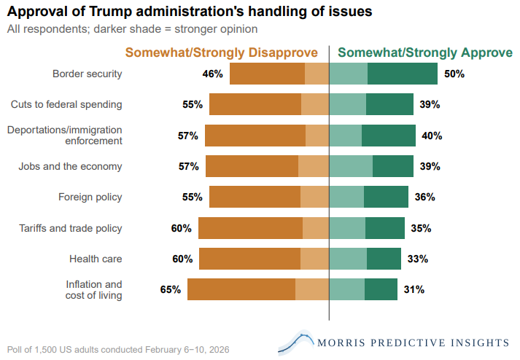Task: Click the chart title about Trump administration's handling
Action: coord(190,12)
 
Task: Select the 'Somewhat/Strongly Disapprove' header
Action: coord(222,53)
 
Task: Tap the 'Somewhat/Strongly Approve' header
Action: coord(425,53)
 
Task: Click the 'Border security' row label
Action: coord(87,74)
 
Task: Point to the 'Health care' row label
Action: coord(96,259)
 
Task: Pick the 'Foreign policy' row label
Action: coord(90,197)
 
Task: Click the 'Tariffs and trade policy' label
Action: coord(70,228)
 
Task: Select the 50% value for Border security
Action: coord(454,74)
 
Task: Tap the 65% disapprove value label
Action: coord(171,289)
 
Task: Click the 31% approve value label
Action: coord(414,289)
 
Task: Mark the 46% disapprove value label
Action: coord(213,74)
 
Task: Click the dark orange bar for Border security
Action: coord(267,74)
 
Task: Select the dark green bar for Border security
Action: coord(403,74)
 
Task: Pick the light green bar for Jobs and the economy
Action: coord(351,166)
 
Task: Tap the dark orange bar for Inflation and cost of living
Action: coord(241,289)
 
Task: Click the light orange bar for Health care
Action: coord(314,259)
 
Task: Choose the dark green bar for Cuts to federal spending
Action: coord(389,104)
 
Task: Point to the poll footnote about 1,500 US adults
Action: coord(118,349)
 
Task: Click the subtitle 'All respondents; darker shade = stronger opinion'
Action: coord(132,29)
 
